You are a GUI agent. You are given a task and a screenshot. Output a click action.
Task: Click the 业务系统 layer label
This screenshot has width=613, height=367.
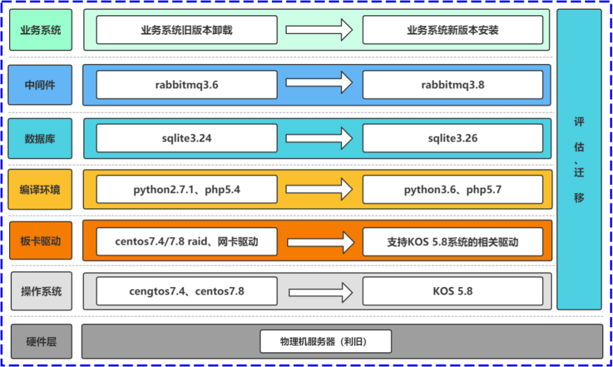[x=40, y=30]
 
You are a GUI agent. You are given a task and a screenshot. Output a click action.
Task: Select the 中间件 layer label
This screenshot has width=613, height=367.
[x=40, y=85]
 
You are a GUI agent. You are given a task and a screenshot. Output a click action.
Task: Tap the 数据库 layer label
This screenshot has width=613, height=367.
[x=40, y=138]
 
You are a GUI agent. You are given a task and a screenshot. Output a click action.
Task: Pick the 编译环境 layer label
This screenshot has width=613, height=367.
[x=40, y=189]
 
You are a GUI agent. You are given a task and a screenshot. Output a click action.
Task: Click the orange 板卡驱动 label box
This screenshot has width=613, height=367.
[x=40, y=242]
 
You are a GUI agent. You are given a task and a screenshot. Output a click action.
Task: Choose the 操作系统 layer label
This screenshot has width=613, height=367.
[x=40, y=292]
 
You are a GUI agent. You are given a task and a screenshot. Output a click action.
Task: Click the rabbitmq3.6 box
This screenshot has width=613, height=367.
[x=187, y=85]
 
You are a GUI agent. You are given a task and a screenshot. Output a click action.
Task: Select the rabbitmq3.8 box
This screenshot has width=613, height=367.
[x=452, y=85]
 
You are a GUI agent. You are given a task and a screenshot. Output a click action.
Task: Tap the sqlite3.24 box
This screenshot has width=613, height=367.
[x=187, y=138]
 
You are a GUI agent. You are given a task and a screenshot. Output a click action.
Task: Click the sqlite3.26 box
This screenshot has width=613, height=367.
[x=452, y=138]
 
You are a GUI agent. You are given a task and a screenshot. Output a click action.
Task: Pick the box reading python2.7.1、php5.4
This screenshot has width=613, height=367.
[x=187, y=189]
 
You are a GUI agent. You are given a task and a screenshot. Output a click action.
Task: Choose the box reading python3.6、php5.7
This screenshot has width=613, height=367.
[x=452, y=189]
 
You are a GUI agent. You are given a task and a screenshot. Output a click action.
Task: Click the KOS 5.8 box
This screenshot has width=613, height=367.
[x=452, y=292]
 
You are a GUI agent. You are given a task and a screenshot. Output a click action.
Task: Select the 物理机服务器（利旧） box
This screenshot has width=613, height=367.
[x=326, y=341]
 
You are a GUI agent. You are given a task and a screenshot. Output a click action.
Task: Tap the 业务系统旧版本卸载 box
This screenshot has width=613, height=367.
[x=187, y=30]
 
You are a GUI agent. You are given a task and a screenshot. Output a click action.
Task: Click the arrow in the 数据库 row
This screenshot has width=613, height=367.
[x=320, y=138]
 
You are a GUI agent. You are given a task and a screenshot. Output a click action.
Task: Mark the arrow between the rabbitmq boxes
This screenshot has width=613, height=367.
[x=320, y=83]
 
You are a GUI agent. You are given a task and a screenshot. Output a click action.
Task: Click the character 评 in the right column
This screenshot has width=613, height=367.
[x=579, y=123]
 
